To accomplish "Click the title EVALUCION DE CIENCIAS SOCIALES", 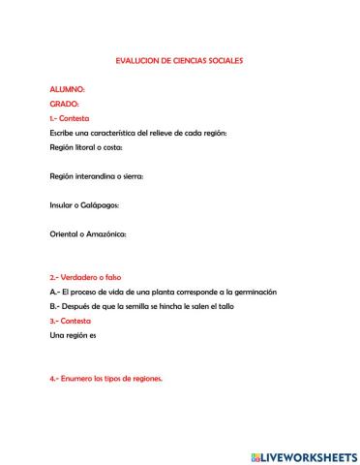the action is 179,60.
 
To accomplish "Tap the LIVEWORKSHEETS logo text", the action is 307,453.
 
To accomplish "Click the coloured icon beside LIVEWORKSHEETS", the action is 255,453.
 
